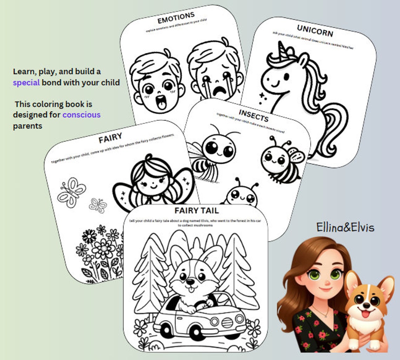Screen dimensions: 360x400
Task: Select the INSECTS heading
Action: [x=253, y=115]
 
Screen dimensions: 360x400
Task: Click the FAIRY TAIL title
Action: [x=196, y=210]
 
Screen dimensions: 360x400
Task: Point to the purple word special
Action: [x=26, y=83]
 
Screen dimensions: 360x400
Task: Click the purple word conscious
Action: [x=81, y=114]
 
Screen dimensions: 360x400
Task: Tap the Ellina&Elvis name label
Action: [x=345, y=227]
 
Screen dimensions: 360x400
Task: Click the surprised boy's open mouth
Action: [x=160, y=101]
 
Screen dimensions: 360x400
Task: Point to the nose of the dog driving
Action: [x=190, y=281]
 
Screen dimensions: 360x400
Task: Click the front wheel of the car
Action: [x=196, y=332]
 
